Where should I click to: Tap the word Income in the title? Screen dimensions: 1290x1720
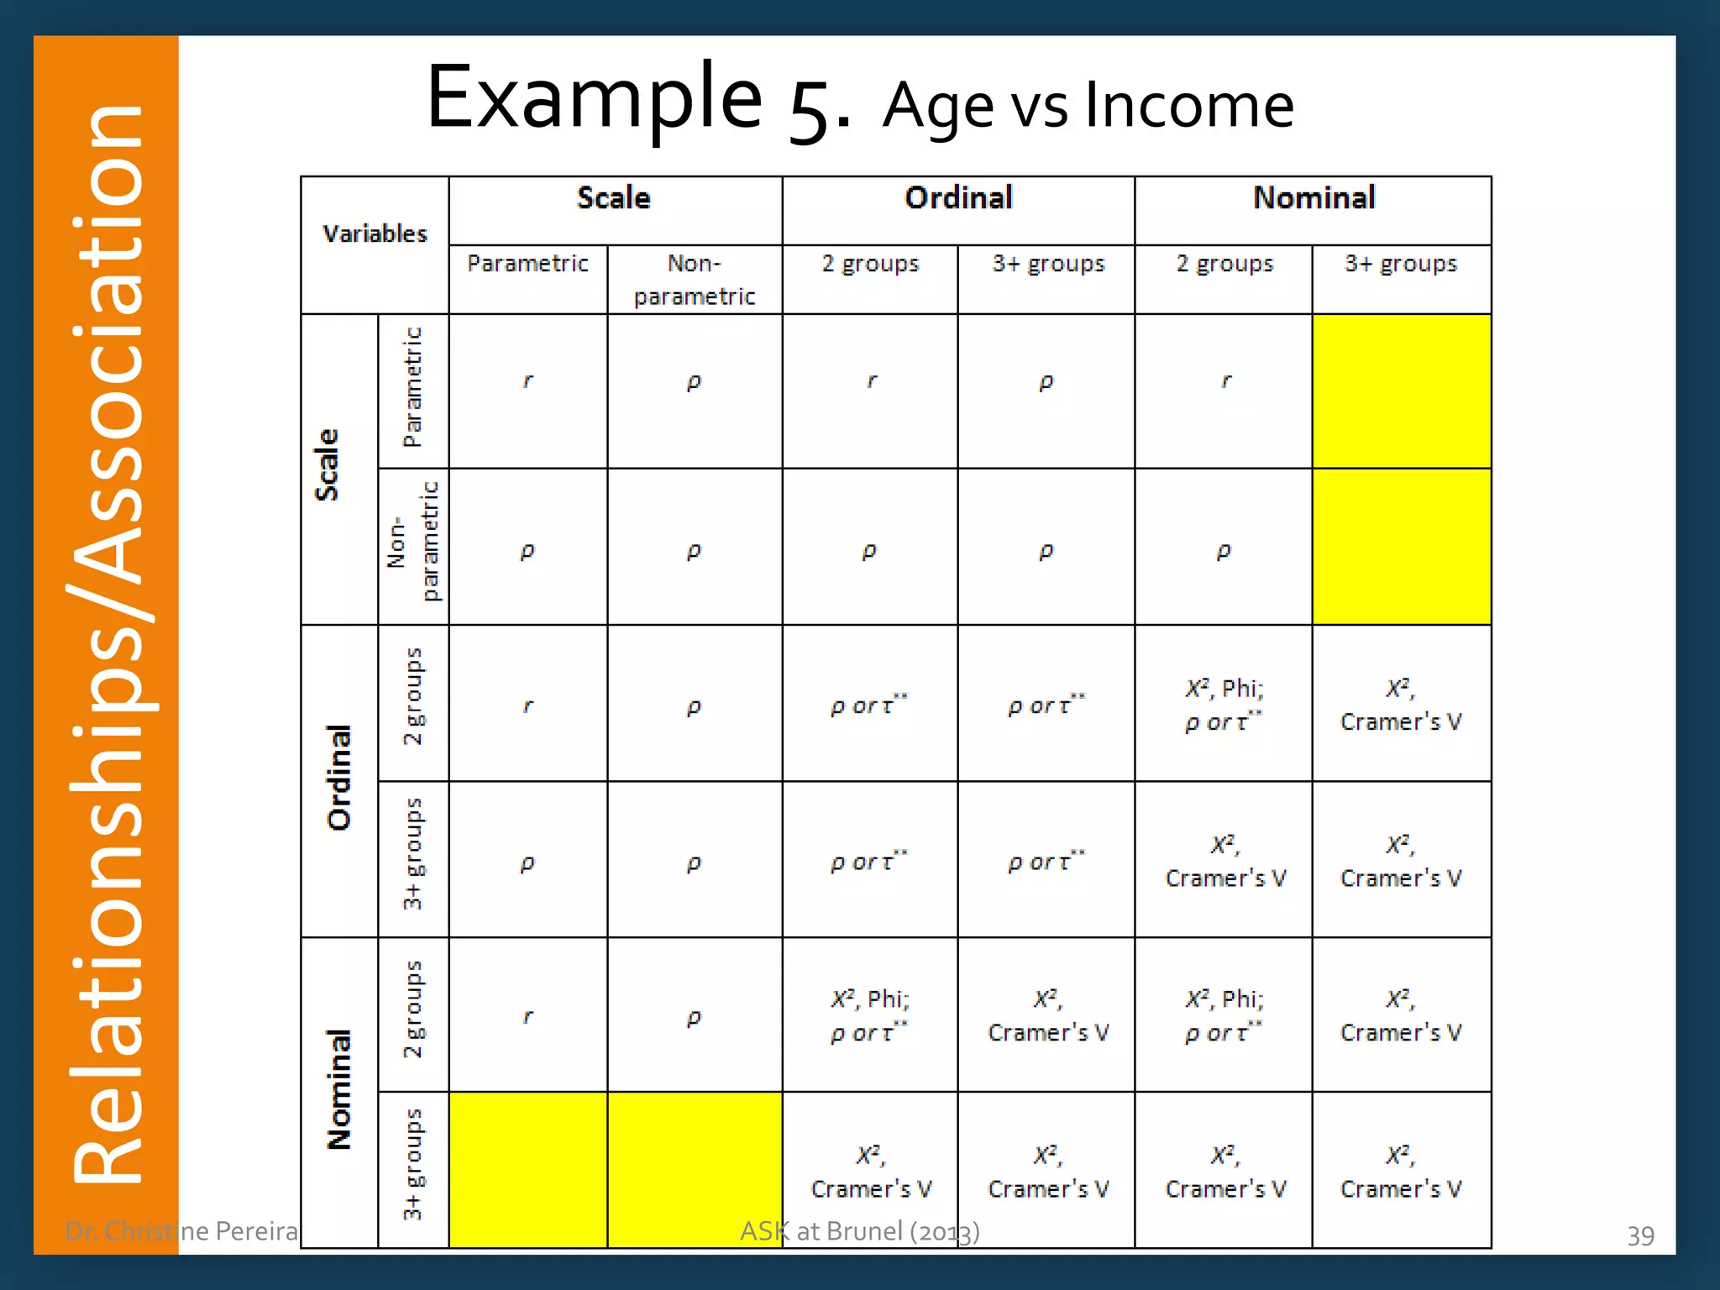click(x=1188, y=106)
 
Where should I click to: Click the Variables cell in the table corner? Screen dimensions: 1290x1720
click(x=375, y=233)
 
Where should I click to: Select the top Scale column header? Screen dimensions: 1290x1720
click(x=614, y=198)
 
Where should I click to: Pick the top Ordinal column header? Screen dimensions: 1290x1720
click(x=958, y=198)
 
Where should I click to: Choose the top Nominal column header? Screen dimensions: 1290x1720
click(x=1314, y=198)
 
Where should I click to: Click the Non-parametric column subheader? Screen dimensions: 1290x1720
click(x=695, y=280)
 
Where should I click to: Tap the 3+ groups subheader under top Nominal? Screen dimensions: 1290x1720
click(x=1401, y=264)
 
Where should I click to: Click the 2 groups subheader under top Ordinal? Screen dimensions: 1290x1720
click(x=870, y=264)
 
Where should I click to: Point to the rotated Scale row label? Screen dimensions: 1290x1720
click(x=327, y=465)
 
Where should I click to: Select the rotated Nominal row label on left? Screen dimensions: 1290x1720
click(x=339, y=1089)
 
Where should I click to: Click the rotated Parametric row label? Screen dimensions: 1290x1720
click(x=412, y=387)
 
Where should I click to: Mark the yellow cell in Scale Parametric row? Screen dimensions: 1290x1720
click(x=1402, y=391)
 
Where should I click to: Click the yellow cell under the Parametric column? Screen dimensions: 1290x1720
click(x=528, y=1169)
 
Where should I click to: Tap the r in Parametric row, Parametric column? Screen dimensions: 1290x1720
click(x=527, y=381)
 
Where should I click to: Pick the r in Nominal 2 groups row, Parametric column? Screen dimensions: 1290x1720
click(x=527, y=1017)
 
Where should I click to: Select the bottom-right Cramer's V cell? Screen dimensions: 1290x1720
click(x=1401, y=1172)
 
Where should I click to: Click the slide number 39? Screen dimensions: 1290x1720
click(x=1640, y=1235)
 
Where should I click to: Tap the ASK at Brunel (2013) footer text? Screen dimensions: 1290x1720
click(x=859, y=1231)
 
